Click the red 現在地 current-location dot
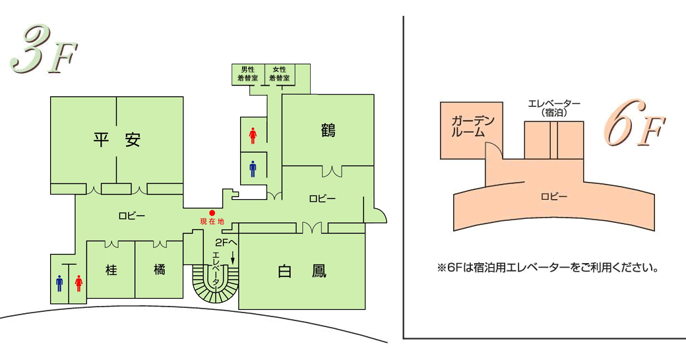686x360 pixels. point(212,213)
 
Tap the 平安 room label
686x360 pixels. point(116,140)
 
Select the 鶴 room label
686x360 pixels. point(328,131)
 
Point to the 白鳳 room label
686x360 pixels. point(302,272)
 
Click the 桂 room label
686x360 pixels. point(111,270)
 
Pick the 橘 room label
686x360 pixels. point(159,270)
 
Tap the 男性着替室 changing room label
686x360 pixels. point(247,74)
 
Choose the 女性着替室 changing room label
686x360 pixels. point(279,74)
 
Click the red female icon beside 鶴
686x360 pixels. point(253,136)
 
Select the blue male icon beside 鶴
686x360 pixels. point(253,169)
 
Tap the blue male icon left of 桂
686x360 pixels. point(59,283)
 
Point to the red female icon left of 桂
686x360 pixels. point(78,283)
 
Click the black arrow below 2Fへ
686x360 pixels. point(233,256)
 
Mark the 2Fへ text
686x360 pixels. point(226,242)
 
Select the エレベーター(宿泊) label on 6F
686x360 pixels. point(554,108)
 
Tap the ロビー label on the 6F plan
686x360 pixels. point(554,197)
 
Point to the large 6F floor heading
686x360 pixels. point(635,125)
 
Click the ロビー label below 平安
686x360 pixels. point(132,216)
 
